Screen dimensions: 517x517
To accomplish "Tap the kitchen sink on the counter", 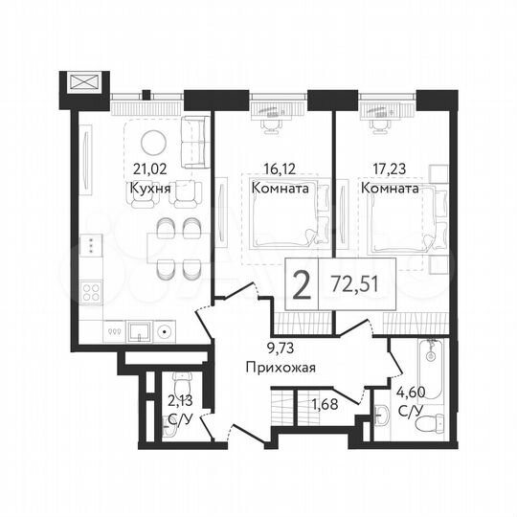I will (x=140, y=332).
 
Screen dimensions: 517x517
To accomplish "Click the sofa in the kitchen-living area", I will (x=195, y=142).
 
